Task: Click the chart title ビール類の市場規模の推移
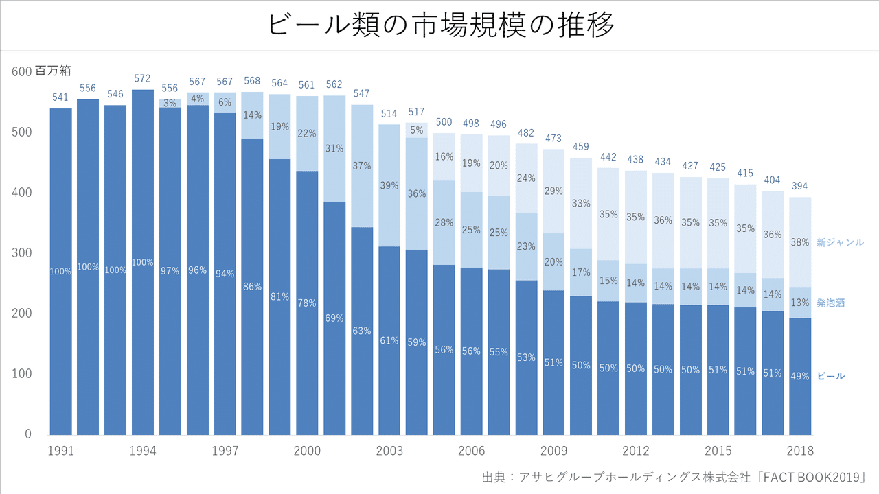pos(439,25)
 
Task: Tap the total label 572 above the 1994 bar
pos(142,79)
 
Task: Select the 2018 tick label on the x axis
pos(800,451)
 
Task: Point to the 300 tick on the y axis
pos(23,253)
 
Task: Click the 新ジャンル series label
pos(840,243)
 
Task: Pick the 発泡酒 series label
pos(830,303)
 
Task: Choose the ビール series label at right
pos(831,376)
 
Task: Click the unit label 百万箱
pos(53,71)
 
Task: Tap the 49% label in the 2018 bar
pos(800,376)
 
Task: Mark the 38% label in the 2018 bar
pos(800,242)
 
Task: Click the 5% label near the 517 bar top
pos(417,130)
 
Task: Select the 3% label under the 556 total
pos(170,103)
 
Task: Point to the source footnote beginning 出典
pos(674,477)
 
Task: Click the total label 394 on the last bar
pos(800,187)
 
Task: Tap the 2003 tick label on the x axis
pos(389,451)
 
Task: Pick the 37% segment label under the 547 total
pos(362,166)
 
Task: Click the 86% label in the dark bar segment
pos(252,287)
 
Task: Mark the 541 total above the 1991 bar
pos(60,97)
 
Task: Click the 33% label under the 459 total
pos(581,203)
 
